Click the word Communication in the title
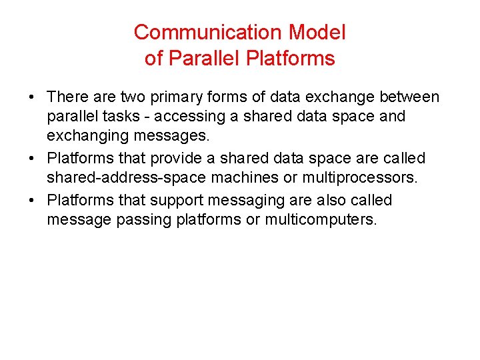click(x=209, y=32)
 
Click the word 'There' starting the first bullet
click(x=68, y=97)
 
